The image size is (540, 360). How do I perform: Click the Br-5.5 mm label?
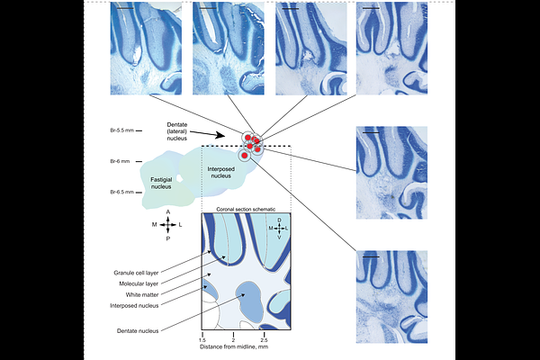[121, 130]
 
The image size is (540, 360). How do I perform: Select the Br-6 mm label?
[120, 161]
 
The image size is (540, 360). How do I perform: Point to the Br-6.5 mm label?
[121, 192]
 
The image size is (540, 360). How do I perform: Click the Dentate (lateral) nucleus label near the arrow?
[177, 131]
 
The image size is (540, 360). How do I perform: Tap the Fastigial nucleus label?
[161, 184]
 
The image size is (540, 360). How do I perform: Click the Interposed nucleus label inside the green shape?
[220, 172]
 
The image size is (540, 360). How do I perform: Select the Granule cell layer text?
[136, 273]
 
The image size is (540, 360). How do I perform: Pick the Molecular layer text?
[139, 283]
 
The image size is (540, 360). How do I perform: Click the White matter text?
[142, 295]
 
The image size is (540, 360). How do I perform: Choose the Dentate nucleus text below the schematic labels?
[138, 331]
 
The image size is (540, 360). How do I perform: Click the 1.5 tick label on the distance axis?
[202, 340]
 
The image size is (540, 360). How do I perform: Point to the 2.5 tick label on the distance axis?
[264, 340]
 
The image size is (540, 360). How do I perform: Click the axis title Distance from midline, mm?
[234, 346]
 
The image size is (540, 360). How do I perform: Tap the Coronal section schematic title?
[246, 209]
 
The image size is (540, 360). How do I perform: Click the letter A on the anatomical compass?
[168, 212]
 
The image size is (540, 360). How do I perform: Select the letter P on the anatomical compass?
[168, 238]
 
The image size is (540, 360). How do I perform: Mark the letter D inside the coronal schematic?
[279, 220]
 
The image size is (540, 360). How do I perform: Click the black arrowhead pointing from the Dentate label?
[219, 135]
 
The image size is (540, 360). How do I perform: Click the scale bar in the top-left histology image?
[125, 8]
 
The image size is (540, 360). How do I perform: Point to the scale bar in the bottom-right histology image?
[371, 256]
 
